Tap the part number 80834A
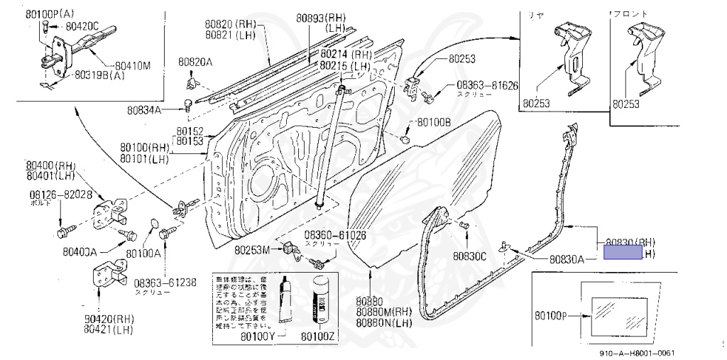[x=145, y=110]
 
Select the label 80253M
[x=252, y=249]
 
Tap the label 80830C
[x=470, y=256]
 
